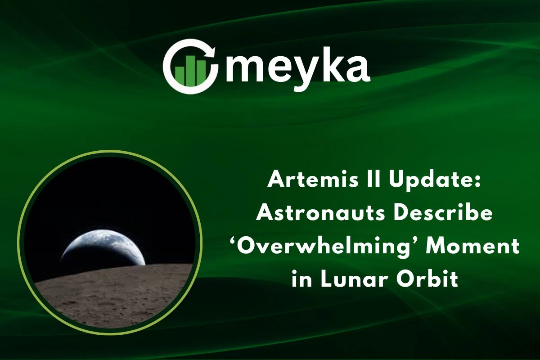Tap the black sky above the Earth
pyautogui.click(x=108, y=193)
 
